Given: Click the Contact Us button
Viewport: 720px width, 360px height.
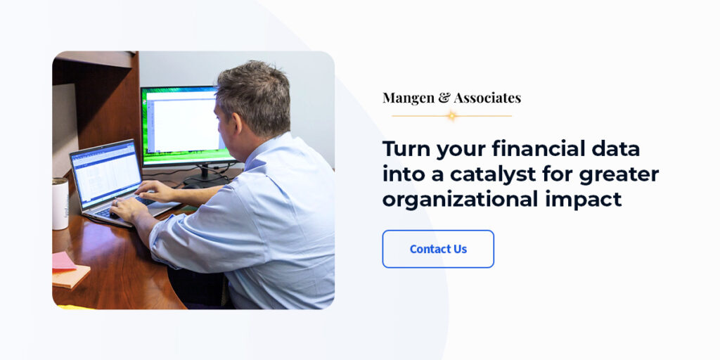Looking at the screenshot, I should click(x=438, y=249).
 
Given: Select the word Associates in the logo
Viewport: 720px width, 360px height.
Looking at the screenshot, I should click(x=487, y=98).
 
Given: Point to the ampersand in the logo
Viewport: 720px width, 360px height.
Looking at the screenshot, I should click(x=444, y=98).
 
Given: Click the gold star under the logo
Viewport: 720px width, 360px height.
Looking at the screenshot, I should click(x=451, y=115).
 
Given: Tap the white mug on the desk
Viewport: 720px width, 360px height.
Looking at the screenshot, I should click(x=60, y=203).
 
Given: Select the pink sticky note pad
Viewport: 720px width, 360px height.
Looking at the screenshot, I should click(x=63, y=261).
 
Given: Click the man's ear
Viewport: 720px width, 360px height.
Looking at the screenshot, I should click(x=231, y=113).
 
